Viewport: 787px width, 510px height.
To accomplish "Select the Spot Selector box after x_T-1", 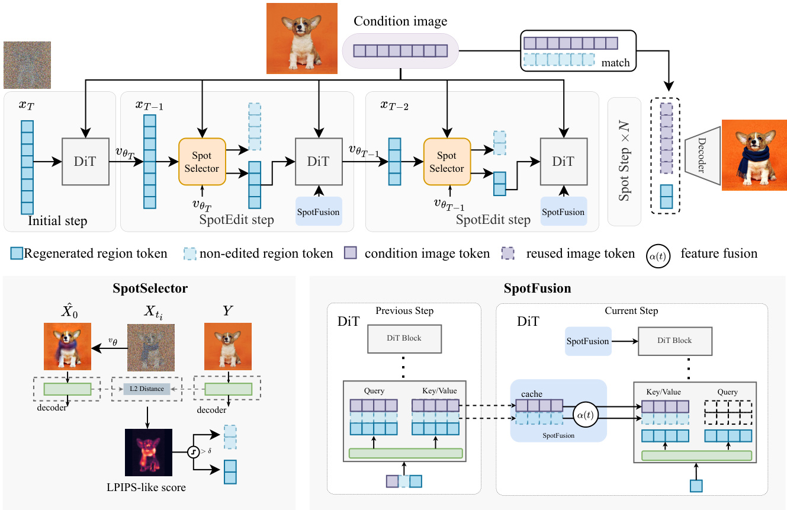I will [202, 161].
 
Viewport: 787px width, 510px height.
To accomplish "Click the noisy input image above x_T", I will [27, 65].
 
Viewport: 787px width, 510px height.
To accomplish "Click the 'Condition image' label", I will [400, 22].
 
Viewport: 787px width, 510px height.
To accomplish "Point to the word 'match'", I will [615, 63].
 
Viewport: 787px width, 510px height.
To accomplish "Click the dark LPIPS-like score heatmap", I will [148, 453].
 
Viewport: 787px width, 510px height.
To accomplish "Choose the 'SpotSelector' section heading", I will [150, 289].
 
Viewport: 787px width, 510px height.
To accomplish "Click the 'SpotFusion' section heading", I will [537, 289].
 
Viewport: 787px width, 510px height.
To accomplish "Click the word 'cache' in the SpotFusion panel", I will [532, 394].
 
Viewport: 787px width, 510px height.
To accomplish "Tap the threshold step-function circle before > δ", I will [192, 452].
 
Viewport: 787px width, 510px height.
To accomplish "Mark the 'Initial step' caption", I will [57, 222].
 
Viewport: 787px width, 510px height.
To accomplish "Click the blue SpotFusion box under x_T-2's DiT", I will [563, 211].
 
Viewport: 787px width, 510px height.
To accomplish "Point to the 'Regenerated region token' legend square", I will [16, 254].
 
